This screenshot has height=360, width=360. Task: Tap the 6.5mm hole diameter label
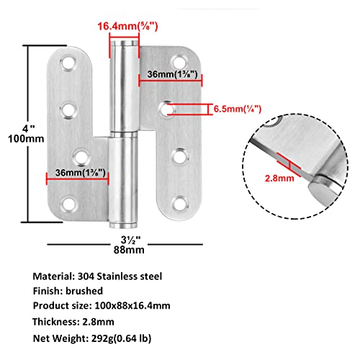pos(236,109)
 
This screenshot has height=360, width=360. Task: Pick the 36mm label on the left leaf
pos(80,173)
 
